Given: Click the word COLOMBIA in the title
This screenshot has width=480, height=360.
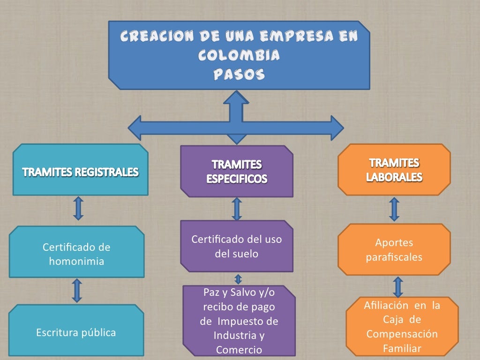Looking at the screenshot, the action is tap(239, 56).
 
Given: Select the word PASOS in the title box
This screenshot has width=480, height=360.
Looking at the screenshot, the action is tap(239, 75).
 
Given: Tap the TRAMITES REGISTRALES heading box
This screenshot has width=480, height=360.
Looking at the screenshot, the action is tap(80, 171).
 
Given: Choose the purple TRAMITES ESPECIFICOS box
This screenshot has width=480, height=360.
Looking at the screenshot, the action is tap(237, 171).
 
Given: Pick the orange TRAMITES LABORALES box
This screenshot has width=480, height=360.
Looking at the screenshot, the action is tap(394, 170).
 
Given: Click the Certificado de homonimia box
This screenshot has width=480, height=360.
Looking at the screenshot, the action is tap(76, 253).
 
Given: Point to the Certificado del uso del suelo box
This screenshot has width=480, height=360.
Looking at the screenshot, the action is tap(237, 246).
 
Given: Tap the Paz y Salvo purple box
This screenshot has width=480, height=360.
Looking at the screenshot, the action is tap(239, 321).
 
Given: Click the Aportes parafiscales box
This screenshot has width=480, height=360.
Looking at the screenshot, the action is tap(394, 249).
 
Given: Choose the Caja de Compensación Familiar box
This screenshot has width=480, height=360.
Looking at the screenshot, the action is tap(402, 327).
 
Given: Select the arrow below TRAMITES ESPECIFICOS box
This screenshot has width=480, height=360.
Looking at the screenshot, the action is tap(237, 209).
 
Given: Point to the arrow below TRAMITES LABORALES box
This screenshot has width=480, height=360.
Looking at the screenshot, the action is tap(394, 209).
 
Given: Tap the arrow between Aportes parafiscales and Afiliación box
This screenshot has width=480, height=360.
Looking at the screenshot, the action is tap(398, 286).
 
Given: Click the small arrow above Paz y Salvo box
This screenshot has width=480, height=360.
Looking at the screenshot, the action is tap(238, 279).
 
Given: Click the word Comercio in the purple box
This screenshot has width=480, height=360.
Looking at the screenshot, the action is tap(239, 350).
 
